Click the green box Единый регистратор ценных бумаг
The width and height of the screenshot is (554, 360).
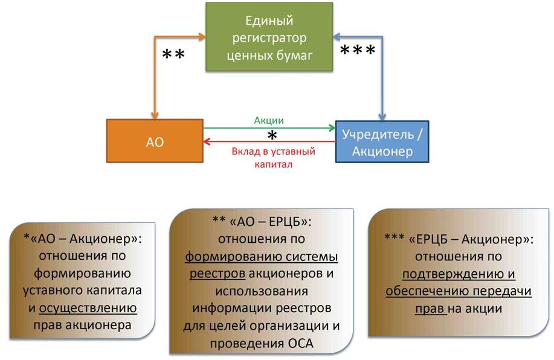[269, 37]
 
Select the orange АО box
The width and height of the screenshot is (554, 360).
[155, 141]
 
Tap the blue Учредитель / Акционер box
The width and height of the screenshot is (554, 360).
[382, 142]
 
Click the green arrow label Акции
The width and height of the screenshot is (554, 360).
[269, 120]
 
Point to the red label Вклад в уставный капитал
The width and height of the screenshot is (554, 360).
[274, 158]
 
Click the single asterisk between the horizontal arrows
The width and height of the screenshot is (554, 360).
[272, 135]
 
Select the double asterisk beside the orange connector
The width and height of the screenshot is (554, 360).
[173, 54]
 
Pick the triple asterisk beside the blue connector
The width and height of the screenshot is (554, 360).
[358, 50]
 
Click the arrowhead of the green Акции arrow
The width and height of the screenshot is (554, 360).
[332, 128]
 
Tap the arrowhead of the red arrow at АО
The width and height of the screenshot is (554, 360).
[207, 142]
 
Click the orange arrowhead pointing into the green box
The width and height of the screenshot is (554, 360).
[202, 36]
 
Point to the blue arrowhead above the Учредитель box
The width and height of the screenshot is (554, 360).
[382, 117]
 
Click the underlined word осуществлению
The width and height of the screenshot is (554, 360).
[88, 307]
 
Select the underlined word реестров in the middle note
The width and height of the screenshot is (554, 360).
[217, 274]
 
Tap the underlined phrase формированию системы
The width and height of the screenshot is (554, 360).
[262, 257]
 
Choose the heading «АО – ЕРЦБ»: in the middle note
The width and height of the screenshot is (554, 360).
[271, 222]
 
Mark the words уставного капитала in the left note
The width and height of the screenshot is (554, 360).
[82, 291]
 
